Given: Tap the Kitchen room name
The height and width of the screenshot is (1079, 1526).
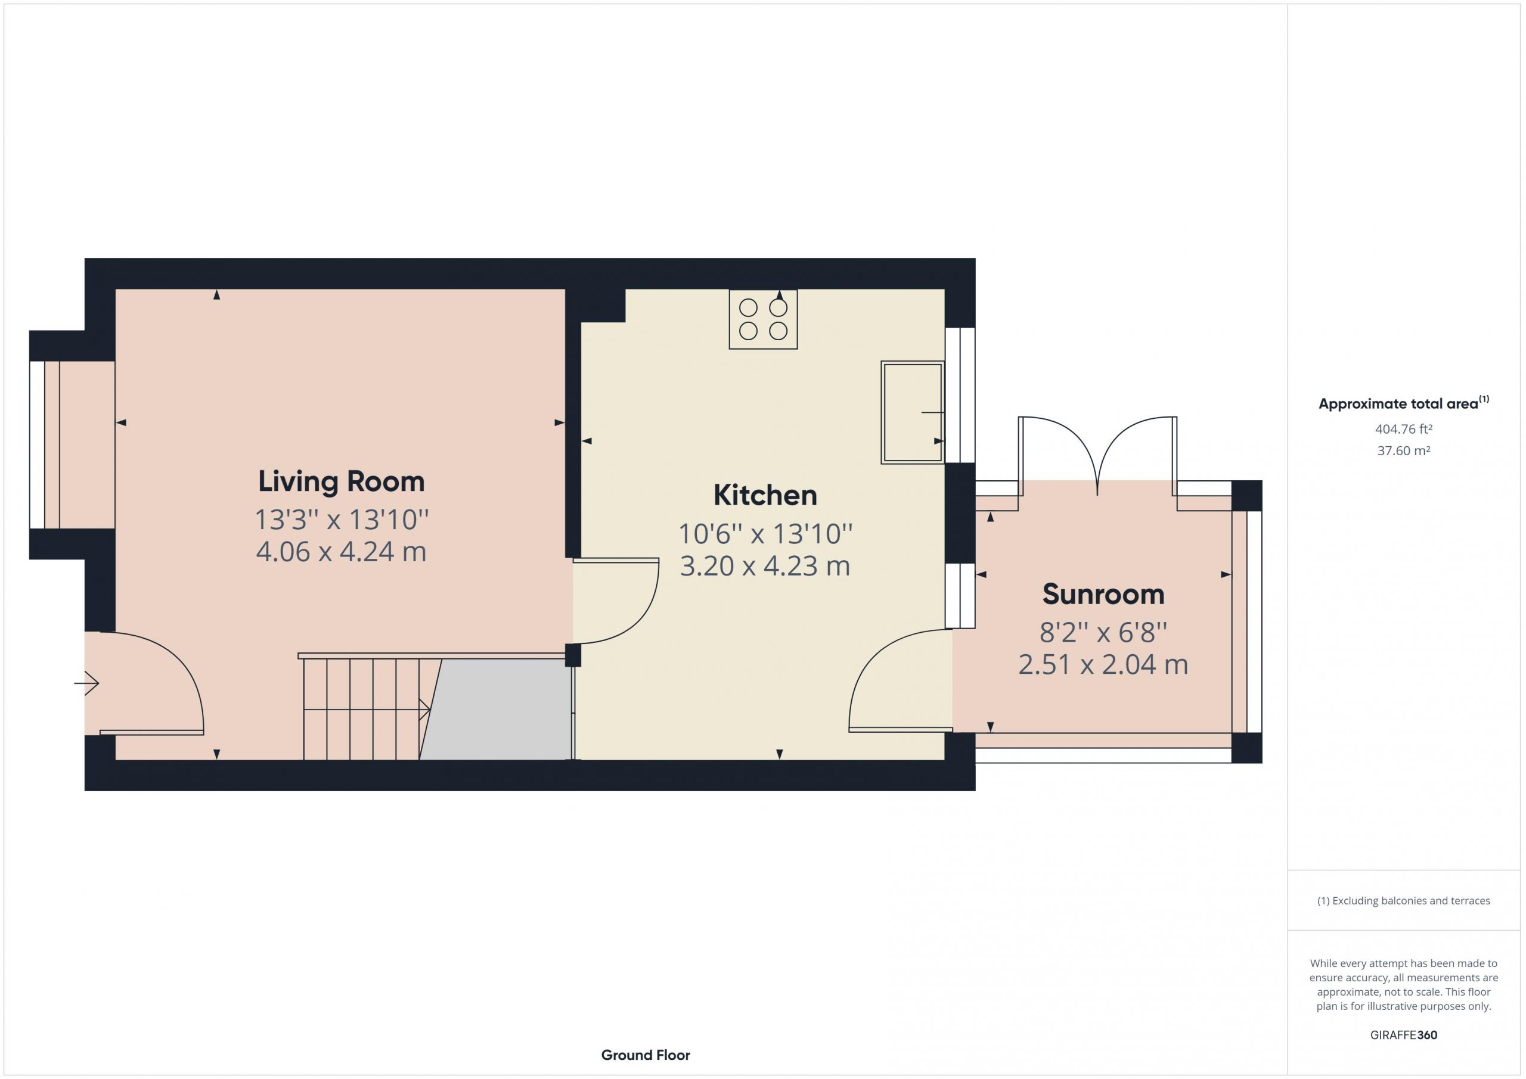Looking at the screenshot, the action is tap(765, 496).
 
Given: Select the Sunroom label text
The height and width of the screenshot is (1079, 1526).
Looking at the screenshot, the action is tap(1103, 595).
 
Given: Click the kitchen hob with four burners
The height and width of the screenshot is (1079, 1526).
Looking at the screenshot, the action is tap(763, 319).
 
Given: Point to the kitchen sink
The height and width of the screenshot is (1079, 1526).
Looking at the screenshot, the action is tap(913, 412).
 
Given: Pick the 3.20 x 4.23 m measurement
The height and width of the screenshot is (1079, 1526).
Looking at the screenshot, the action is tap(765, 566).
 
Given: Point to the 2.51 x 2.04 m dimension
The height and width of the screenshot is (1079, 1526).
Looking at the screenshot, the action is tap(1103, 664).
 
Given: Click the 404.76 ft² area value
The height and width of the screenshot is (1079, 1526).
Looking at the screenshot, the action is tap(1404, 429).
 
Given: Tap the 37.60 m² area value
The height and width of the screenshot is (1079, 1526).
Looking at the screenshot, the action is tap(1404, 450).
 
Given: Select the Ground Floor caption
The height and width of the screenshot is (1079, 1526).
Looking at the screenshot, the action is tap(646, 1055).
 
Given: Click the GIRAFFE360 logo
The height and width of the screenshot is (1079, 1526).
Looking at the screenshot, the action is tap(1404, 1035).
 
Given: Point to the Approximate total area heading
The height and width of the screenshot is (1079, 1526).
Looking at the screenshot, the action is tap(1404, 403).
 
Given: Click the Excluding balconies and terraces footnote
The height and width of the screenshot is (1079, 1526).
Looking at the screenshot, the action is tap(1404, 901).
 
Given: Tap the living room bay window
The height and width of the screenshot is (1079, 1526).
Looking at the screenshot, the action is tap(45, 445).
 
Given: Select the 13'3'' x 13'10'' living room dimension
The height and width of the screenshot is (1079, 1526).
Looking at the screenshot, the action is tap(342, 520).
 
